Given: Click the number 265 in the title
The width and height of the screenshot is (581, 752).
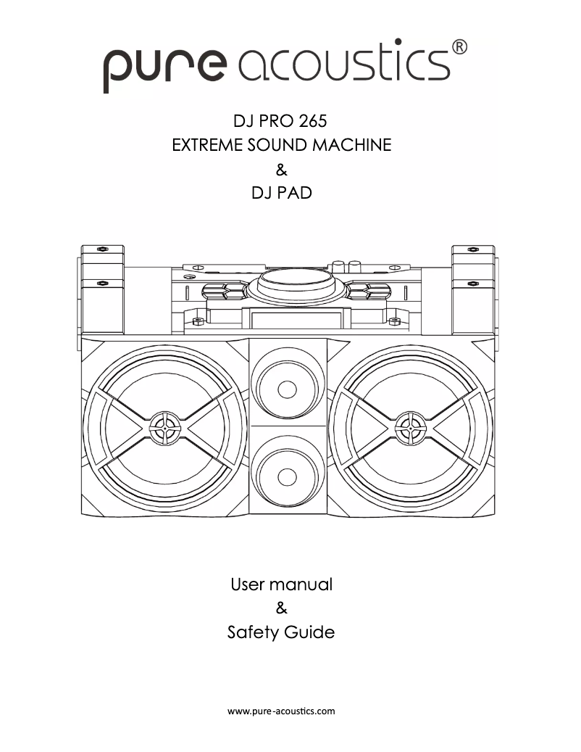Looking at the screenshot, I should pos(312,120).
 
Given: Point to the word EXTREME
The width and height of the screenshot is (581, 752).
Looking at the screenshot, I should pos(205,145).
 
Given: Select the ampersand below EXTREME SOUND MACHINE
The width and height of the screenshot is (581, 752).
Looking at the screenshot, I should pos(282,170).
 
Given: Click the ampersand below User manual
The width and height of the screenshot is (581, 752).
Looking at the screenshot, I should pos(282,608).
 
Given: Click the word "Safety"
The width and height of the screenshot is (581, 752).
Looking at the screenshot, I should pos(251,633).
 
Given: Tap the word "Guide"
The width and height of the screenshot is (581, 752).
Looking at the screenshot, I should pos(309,633).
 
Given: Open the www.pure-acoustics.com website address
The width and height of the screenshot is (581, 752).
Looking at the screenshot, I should pos(281,711).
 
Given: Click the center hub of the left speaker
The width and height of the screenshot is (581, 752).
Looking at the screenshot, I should pos(165,428).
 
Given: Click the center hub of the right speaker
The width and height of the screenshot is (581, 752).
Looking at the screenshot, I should pos(410,428).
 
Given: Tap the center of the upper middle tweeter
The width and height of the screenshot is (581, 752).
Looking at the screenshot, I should pos(287,389).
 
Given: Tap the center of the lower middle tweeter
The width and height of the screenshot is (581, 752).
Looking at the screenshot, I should pos(287,476).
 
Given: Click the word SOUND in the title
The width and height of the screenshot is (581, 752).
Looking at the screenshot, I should pos(277,145).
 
